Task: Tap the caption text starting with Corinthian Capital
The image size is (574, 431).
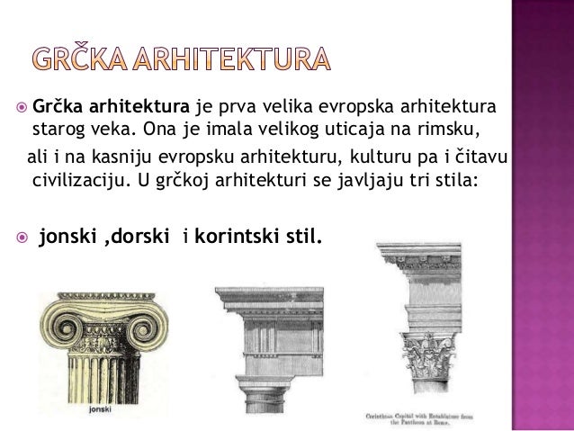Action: click(429, 418)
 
